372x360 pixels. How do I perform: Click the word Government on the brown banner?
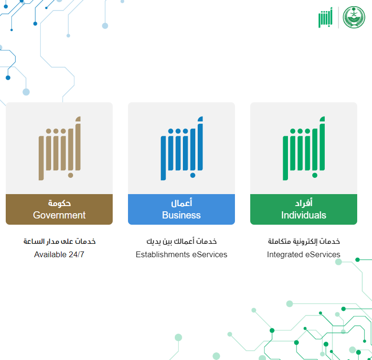[59, 215]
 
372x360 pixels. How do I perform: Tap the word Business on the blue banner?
[181, 215]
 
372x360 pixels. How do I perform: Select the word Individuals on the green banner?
[304, 215]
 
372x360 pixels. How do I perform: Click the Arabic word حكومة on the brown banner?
[59, 203]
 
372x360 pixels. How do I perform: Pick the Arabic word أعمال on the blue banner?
[181, 203]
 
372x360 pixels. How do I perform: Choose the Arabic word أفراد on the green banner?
[304, 203]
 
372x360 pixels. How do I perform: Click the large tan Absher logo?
[60, 148]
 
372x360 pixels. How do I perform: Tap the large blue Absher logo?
[182, 148]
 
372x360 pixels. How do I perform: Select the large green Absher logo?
[304, 148]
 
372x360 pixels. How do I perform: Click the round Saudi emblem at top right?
[354, 17]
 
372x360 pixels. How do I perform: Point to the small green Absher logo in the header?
[326, 18]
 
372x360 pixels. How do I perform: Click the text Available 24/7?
[59, 254]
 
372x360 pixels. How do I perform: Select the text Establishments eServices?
[181, 254]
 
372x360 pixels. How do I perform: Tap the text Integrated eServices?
[304, 254]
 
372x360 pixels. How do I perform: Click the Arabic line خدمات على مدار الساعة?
[59, 241]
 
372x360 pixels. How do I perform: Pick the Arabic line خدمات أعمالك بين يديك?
[181, 241]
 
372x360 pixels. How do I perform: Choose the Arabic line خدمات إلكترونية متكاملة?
[304, 241]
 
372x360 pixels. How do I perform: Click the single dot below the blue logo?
[192, 175]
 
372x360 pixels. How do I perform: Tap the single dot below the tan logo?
[71, 175]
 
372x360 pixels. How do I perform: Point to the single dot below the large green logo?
[315, 175]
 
